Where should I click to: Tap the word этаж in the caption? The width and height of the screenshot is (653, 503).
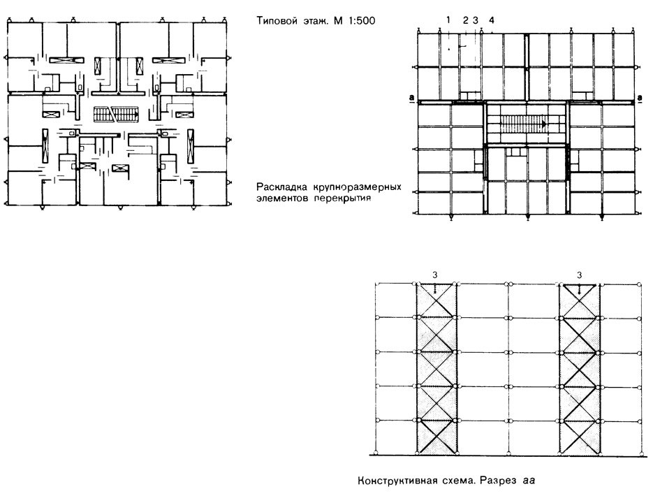pos(312,21)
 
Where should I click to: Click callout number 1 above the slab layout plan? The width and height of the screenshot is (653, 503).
pos(448,20)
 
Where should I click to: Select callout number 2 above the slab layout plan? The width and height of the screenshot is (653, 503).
pos(466,20)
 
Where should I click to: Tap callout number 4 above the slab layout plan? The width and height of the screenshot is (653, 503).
pos(492,20)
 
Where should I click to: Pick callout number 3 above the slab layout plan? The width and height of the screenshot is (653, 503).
pos(476,20)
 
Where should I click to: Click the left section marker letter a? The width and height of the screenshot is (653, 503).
pos(411,99)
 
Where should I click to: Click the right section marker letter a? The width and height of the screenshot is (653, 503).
pos(640,99)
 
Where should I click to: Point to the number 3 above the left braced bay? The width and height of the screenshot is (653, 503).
pos(435,275)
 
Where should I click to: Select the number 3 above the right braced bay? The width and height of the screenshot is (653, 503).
pos(579,275)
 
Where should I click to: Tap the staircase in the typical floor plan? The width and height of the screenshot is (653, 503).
pos(116,114)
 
